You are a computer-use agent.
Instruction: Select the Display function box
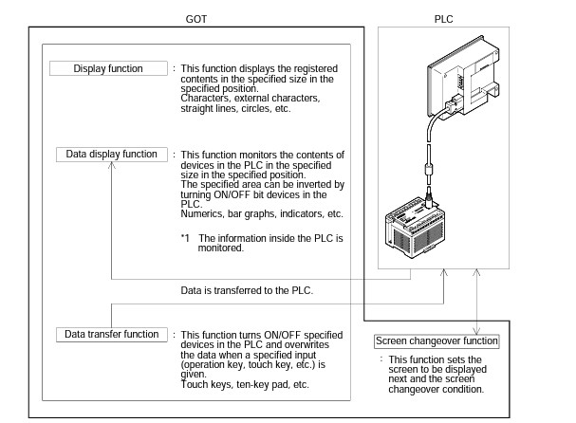coord(108,68)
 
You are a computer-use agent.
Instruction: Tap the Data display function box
coord(112,154)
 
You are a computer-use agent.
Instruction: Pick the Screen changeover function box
coord(436,341)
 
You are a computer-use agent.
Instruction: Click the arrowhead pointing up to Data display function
coord(112,166)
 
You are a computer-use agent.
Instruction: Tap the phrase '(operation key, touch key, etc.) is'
coord(252,360)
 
